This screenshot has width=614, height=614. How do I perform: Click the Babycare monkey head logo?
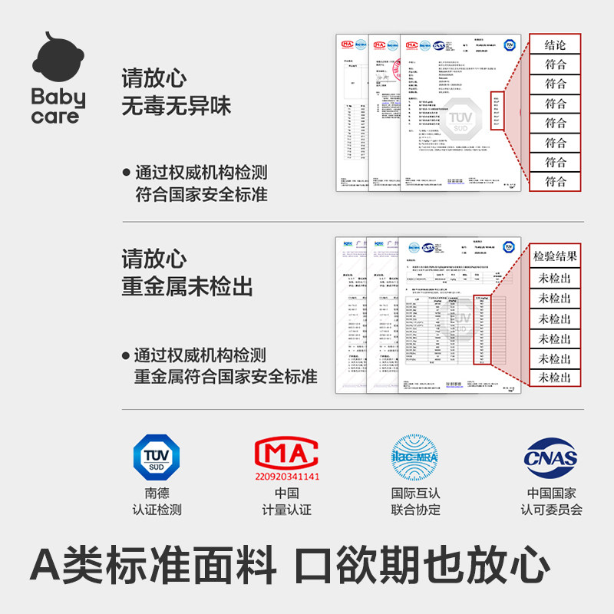pyautogui.click(x=58, y=61)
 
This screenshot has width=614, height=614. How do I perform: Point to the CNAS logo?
pyautogui.click(x=550, y=459)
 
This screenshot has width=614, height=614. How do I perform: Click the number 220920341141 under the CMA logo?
pyautogui.click(x=287, y=476)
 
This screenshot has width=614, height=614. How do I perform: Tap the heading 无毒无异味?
pyautogui.click(x=176, y=105)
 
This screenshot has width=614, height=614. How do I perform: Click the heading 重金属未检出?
pyautogui.click(x=187, y=286)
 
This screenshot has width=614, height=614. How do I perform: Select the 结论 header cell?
pyautogui.click(x=555, y=45)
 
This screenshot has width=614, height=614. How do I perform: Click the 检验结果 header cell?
pyautogui.click(x=555, y=256)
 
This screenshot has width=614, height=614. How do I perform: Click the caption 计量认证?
pyautogui.click(x=287, y=510)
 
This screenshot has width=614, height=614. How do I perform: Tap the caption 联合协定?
pyautogui.click(x=416, y=510)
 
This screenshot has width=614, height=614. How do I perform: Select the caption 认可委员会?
pyautogui.click(x=551, y=510)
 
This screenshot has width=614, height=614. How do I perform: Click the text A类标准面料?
pyautogui.click(x=153, y=566)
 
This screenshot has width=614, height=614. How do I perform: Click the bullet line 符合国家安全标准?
pyautogui.click(x=201, y=195)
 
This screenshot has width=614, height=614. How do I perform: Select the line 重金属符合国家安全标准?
pyautogui.click(x=225, y=377)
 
